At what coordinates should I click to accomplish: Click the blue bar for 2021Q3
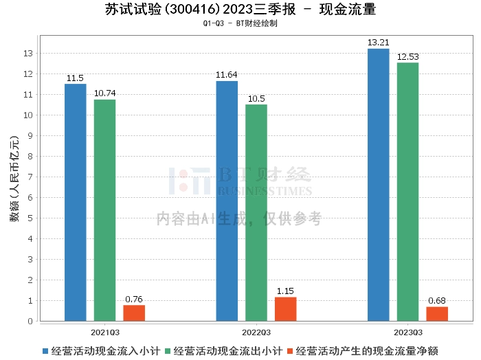coord(75,202)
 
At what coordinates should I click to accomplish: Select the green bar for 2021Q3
coord(104,210)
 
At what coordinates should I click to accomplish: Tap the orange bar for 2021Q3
coord(134,313)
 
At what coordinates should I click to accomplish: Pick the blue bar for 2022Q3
coord(227,201)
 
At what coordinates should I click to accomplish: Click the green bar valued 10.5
coord(256,212)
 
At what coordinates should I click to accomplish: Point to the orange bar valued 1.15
coord(286,308)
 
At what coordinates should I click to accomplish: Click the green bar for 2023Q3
coord(407,192)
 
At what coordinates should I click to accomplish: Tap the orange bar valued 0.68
coord(437,313)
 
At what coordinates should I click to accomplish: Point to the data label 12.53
coord(407,56)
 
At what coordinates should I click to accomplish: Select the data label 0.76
coord(134,299)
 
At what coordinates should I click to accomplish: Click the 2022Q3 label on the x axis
coord(256,330)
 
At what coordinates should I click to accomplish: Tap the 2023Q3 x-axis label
coord(407,330)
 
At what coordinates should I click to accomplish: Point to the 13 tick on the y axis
coord(29,53)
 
